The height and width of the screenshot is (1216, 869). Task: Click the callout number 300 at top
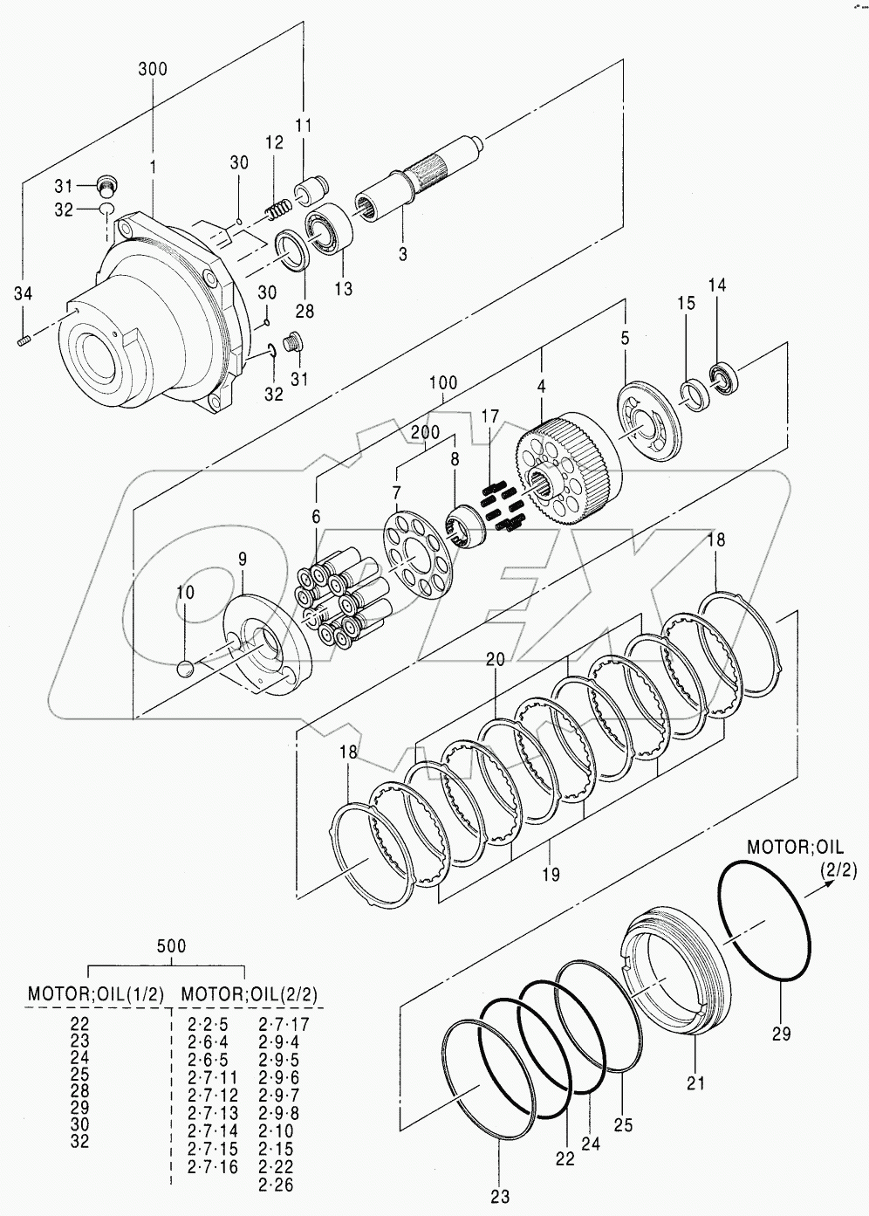point(153,69)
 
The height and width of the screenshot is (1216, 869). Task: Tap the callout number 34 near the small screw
point(24,294)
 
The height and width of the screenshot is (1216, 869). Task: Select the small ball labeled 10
point(184,668)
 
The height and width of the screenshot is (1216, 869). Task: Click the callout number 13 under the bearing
point(343,289)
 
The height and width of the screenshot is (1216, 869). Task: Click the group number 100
point(443,383)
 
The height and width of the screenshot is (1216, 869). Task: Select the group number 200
point(425,433)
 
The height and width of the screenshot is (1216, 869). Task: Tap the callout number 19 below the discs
point(551,874)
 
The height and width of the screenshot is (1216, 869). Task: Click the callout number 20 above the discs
point(495,660)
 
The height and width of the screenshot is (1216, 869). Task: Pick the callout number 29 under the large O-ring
point(781,1034)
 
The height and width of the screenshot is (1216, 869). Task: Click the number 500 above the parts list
point(170,946)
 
